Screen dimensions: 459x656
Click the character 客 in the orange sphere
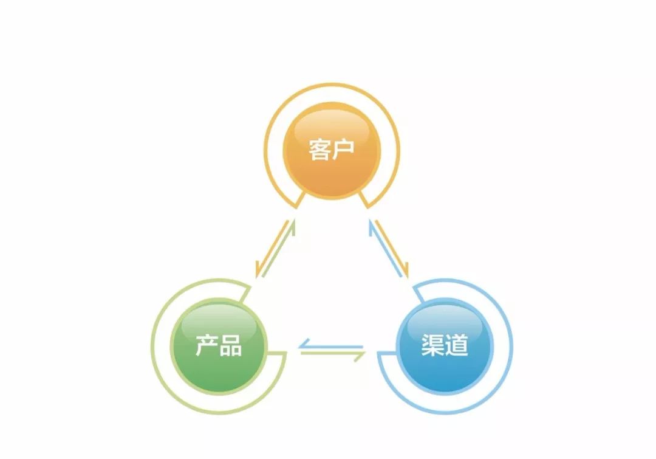(320, 150)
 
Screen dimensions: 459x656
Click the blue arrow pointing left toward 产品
(331, 347)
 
